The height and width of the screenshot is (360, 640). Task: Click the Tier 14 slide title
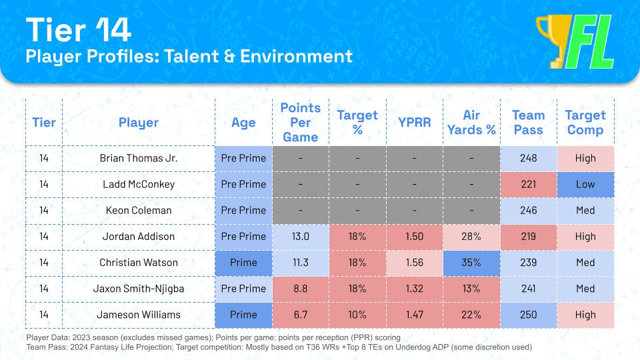tap(79, 30)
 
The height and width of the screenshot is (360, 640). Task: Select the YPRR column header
tap(415, 123)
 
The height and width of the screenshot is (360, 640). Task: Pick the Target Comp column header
tap(585, 123)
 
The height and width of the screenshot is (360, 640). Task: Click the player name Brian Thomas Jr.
tap(139, 159)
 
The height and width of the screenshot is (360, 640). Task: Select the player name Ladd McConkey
tap(139, 185)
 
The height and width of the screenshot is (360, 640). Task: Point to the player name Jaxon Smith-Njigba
tap(139, 289)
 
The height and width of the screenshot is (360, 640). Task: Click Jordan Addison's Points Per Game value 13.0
tap(300, 237)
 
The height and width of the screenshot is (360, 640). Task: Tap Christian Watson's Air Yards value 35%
tap(471, 263)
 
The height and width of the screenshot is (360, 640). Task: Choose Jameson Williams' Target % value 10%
tap(357, 315)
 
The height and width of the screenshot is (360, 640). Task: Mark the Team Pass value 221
tap(528, 185)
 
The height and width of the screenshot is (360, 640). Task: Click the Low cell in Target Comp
tap(585, 185)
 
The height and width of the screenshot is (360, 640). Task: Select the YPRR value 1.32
tap(415, 289)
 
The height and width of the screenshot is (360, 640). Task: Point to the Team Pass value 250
tap(528, 315)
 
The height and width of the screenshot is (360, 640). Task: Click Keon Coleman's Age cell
tap(243, 211)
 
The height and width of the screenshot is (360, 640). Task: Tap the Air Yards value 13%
tap(471, 289)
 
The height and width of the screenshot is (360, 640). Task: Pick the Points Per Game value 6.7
tap(300, 315)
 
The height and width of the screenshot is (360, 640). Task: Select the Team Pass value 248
tap(528, 159)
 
